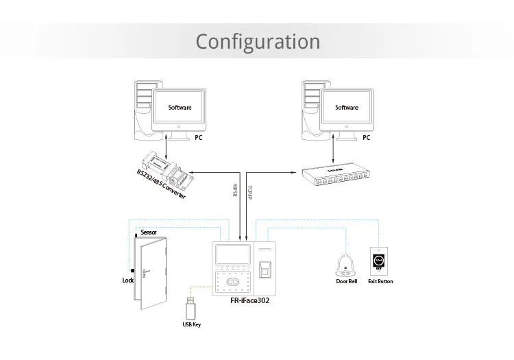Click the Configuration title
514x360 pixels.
(x=258, y=41)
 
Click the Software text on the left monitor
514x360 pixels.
(x=180, y=108)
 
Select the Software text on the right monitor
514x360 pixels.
(x=346, y=108)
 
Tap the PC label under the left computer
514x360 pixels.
(x=199, y=138)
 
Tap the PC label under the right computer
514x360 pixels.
(x=366, y=138)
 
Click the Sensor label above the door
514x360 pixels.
(x=149, y=232)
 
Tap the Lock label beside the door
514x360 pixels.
(x=127, y=280)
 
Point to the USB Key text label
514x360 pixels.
(x=191, y=324)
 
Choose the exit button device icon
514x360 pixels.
(x=380, y=261)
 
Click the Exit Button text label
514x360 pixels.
(x=380, y=281)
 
